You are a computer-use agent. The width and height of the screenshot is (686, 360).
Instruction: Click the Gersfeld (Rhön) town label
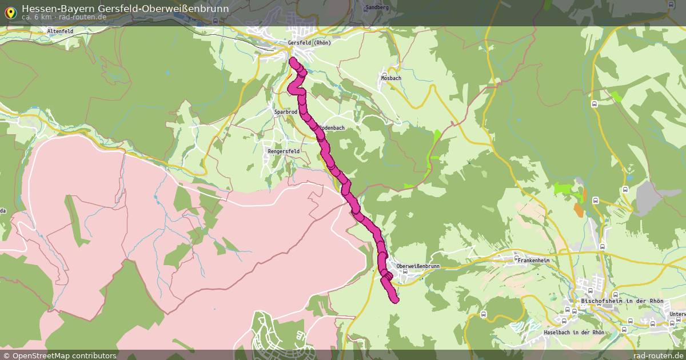(309, 43)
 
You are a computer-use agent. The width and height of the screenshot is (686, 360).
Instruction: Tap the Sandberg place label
(376, 7)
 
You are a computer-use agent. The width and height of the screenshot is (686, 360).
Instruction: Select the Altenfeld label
(60, 31)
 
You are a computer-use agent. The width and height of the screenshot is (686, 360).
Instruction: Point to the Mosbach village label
(391, 78)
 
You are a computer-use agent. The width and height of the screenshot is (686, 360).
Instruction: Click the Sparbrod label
(285, 113)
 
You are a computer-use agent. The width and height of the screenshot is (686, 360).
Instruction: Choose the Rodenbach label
(332, 128)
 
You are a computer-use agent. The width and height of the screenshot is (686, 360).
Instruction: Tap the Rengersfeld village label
(283, 151)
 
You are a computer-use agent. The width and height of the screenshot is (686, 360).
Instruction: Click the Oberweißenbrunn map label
(418, 266)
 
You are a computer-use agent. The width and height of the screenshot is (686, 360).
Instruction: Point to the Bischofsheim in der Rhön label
(621, 301)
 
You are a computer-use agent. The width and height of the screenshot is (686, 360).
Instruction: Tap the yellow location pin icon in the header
(10, 12)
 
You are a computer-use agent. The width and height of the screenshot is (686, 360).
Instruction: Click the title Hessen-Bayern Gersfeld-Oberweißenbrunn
(125, 9)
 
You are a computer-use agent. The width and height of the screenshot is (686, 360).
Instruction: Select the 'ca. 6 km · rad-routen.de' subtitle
(64, 17)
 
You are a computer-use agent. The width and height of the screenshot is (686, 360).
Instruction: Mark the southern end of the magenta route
(394, 300)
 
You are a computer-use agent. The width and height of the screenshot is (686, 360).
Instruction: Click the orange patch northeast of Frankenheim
(579, 210)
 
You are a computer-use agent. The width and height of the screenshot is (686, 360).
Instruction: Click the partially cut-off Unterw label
(677, 314)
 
